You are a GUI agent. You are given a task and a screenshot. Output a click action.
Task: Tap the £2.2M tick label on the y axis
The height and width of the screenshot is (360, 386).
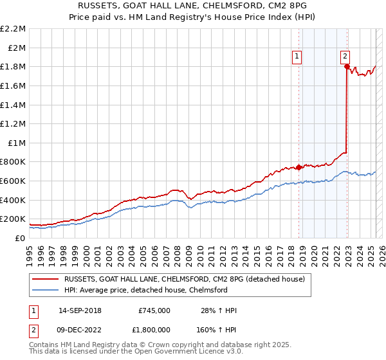pyautogui.click(x=13, y=29)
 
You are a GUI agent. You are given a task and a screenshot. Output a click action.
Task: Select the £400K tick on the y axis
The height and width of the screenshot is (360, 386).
pyautogui.click(x=13, y=200)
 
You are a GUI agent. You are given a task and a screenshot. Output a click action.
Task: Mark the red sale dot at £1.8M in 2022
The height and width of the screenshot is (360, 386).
pyautogui.click(x=347, y=66)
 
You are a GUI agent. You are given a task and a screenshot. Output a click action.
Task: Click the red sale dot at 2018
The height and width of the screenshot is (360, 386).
pyautogui.click(x=299, y=167)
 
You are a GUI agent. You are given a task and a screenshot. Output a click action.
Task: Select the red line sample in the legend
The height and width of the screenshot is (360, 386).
pyautogui.click(x=46, y=278)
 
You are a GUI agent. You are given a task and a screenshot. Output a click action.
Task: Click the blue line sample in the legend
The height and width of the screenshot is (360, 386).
pyautogui.click(x=46, y=290)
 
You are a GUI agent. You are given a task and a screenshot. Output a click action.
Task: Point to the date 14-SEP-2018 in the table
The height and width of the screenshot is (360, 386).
pyautogui.click(x=80, y=310)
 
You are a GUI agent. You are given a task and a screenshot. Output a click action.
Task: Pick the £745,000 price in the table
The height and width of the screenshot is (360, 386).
pyautogui.click(x=154, y=310)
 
